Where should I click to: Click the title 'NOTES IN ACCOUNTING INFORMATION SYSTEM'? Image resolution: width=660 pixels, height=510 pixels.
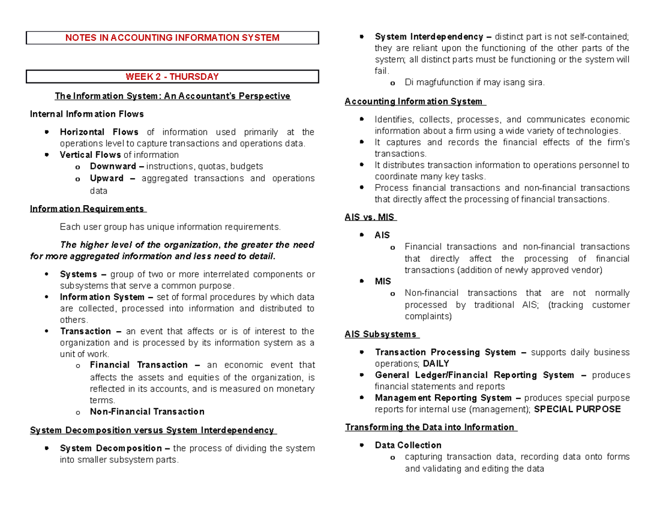[173, 38]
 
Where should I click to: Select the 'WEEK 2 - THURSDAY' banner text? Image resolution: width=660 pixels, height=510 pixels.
[173, 76]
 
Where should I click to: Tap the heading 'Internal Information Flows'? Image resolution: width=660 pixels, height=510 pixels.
[87, 114]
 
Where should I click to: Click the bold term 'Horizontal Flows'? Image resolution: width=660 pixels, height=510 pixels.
[100, 132]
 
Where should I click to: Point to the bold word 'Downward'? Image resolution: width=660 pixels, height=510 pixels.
[110, 166]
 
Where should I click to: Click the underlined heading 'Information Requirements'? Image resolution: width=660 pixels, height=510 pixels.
[86, 209]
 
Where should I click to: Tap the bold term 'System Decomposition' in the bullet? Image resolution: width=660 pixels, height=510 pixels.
[111, 448]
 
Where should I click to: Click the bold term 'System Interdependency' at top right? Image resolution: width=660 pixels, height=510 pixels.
[429, 37]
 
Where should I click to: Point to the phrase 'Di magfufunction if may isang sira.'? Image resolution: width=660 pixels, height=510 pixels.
[474, 83]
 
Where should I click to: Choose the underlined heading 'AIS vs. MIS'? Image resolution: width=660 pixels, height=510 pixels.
[370, 217]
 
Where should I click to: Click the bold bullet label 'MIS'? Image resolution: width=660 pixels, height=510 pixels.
[382, 281]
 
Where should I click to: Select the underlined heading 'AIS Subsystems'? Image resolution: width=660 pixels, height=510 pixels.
[381, 334]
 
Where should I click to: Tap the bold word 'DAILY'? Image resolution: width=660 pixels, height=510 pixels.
[436, 364]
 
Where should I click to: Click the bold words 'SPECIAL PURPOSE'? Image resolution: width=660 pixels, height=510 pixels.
[577, 409]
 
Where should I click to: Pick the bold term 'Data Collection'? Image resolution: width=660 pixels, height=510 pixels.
[408, 445]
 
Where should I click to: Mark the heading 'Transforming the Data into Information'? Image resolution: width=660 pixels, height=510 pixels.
[430, 427]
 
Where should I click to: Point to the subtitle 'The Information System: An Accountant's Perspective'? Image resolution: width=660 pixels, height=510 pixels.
[172, 96]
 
